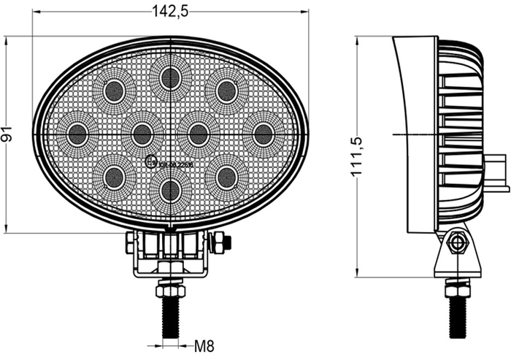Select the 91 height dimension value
coord(8,134)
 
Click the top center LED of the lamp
coord(170,77)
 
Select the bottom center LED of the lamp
coord(170,191)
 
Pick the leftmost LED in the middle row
coord(77,134)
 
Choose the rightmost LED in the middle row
coord(263,134)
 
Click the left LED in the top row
coord(114,92)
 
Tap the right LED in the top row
coord(226,92)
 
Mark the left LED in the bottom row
coord(114,176)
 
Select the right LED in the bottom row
coord(226,176)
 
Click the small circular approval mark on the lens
coord(152,162)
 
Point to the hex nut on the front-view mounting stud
coord(170,290)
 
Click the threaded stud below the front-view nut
coord(170,318)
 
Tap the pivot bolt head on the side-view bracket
coord(458,242)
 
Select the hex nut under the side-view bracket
coord(458,289)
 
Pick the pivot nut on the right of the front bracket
coord(220,242)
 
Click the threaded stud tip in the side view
coord(458,321)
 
